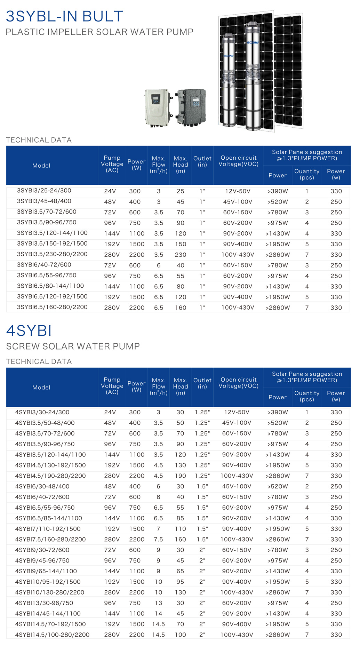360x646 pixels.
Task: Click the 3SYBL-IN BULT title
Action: coord(65,16)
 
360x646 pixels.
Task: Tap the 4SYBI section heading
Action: coord(29,330)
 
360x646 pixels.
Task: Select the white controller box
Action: coord(158,107)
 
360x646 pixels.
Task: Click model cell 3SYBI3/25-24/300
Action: coord(44,191)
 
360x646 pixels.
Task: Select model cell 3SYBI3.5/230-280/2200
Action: coord(52,254)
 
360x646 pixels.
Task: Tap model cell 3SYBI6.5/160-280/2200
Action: coord(52,307)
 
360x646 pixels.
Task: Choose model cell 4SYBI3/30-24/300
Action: coord(42,412)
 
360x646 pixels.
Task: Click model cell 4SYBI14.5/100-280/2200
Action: coord(52,635)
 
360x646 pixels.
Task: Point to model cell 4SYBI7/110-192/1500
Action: coord(48,529)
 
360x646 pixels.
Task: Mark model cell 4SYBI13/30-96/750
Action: coord(44,603)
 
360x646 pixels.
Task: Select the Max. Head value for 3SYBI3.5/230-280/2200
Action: coord(181,255)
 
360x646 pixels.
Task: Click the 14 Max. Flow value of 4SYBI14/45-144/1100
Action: coord(158,614)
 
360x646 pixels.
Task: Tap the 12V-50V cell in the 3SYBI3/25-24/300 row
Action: coord(238,191)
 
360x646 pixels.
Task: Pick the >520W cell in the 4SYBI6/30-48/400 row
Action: coord(277,486)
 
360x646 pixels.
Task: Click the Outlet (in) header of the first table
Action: coord(202,162)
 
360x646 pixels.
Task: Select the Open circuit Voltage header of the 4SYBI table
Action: coord(239,383)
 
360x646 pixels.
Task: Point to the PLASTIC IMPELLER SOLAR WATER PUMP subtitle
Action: coord(99,32)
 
